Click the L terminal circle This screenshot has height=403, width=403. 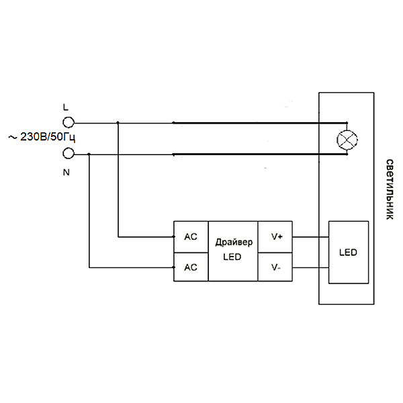pyautogui.click(x=67, y=122)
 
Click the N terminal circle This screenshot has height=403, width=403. pyautogui.click(x=67, y=154)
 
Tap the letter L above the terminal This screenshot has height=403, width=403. pyautogui.click(x=65, y=107)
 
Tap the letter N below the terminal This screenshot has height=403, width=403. pyautogui.click(x=66, y=172)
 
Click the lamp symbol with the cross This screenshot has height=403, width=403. pyautogui.click(x=347, y=140)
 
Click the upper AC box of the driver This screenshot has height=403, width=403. pyautogui.click(x=191, y=236)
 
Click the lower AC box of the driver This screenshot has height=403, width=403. pyautogui.click(x=191, y=267)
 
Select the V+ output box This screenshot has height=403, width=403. pyautogui.click(x=277, y=236)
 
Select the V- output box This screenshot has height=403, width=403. pyautogui.click(x=277, y=267)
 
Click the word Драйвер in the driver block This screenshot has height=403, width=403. pyautogui.click(x=234, y=242)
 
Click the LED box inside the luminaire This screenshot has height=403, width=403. pyautogui.click(x=349, y=253)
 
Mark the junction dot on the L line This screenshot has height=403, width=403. pyautogui.click(x=118, y=122)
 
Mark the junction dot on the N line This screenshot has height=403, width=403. pyautogui.click(x=89, y=154)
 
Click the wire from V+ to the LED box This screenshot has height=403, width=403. pyautogui.click(x=311, y=236)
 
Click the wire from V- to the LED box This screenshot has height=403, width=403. pyautogui.click(x=311, y=267)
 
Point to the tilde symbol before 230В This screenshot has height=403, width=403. pyautogui.click(x=11, y=138)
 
